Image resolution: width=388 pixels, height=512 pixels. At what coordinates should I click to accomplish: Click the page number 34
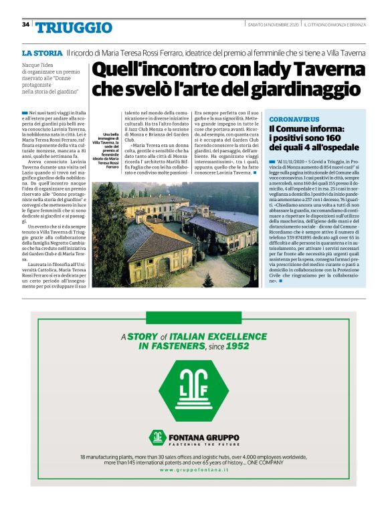[x=25, y=24]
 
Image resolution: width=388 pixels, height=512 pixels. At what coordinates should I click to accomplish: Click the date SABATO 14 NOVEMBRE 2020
[x=272, y=25]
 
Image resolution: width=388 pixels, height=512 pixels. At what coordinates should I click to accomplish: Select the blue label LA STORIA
[x=42, y=52]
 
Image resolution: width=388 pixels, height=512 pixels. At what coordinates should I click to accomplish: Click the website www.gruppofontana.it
[x=193, y=471]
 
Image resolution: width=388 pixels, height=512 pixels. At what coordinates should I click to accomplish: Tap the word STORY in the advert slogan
[x=142, y=337]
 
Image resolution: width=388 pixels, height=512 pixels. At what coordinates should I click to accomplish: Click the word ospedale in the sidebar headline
[x=338, y=147]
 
